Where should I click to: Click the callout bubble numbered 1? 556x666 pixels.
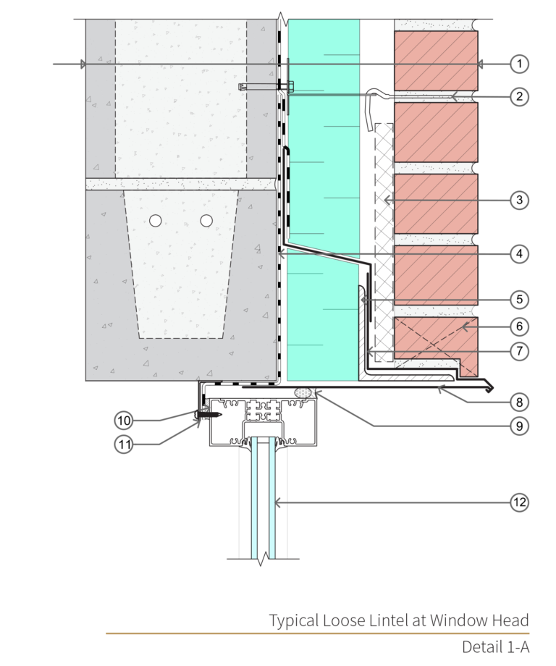tap(518, 64)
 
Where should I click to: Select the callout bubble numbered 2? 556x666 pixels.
tap(518, 96)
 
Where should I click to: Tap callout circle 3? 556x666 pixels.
tap(518, 199)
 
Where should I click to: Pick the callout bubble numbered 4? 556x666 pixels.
tap(518, 254)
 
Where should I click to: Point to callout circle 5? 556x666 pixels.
tap(518, 298)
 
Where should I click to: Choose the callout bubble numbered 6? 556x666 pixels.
tap(518, 326)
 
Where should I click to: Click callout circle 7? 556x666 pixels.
tap(518, 352)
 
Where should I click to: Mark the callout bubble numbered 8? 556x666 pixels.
tap(518, 400)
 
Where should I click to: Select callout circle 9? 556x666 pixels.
tap(518, 426)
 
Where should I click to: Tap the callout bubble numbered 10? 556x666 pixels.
tap(125, 420)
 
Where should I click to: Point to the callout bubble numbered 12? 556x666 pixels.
tap(518, 502)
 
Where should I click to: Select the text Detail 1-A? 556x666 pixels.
tap(495, 646)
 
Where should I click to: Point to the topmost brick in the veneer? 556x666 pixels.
tap(435, 60)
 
